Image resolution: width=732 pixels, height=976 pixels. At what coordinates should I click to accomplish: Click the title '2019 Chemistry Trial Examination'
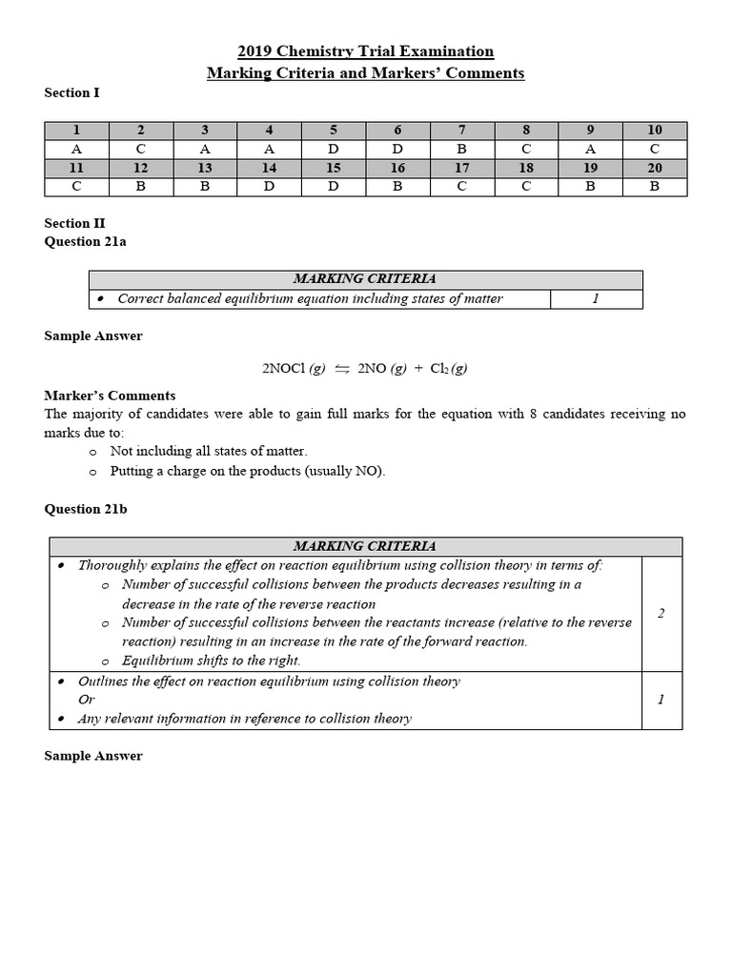[x=365, y=51]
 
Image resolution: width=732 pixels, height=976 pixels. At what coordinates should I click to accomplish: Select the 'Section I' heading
[x=71, y=92]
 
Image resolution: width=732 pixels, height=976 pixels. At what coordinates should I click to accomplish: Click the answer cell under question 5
[x=334, y=149]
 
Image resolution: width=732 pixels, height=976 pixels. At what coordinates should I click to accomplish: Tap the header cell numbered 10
[x=654, y=131]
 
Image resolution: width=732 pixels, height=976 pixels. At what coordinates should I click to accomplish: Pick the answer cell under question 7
[x=461, y=149]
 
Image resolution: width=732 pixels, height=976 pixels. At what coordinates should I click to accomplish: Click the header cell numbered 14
[x=269, y=168]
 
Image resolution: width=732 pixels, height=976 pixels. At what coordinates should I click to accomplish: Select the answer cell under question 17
[x=461, y=186]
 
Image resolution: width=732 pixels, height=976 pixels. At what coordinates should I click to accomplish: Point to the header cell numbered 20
[x=654, y=168]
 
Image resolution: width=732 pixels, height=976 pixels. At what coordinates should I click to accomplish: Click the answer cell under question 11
[x=76, y=186]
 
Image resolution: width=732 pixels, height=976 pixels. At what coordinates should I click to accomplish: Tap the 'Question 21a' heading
[x=85, y=242]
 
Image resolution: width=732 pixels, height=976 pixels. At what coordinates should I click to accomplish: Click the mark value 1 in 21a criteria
[x=596, y=298]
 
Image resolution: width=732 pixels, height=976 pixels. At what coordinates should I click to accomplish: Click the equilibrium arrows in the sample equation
[x=340, y=369]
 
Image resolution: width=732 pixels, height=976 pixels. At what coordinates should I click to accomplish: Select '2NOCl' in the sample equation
[x=284, y=369]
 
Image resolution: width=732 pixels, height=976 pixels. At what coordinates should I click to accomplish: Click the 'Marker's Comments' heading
[x=110, y=395]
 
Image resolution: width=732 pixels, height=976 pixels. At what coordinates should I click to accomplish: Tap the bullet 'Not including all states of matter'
[x=209, y=451]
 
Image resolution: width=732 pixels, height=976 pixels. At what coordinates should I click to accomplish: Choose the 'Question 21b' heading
[x=86, y=509]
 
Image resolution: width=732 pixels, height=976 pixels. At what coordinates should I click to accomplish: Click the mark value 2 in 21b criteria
[x=661, y=613]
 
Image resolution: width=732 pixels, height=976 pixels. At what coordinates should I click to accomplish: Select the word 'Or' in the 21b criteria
[x=87, y=700]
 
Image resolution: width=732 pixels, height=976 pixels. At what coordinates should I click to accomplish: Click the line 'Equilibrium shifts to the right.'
[x=211, y=661]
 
